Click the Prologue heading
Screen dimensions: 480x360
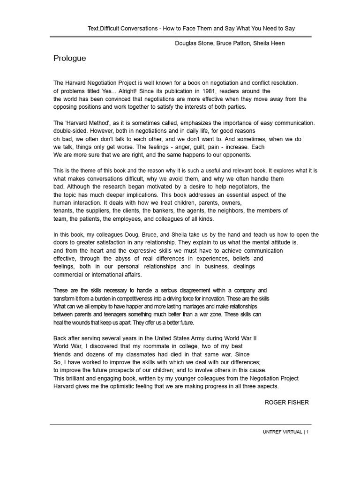(x=70, y=59)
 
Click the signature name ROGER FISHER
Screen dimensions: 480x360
(x=287, y=403)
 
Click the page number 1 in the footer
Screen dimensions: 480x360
(x=307, y=432)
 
